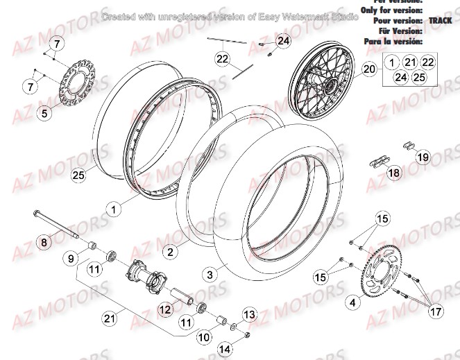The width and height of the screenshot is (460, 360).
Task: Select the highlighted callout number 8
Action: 43,243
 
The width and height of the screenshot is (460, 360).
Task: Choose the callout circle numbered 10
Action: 202,338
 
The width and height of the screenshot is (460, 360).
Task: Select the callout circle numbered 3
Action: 210,275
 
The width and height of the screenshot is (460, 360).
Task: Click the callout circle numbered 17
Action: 436,312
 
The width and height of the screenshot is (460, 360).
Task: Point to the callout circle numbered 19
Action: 423,157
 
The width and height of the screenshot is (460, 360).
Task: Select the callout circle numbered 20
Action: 368,70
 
